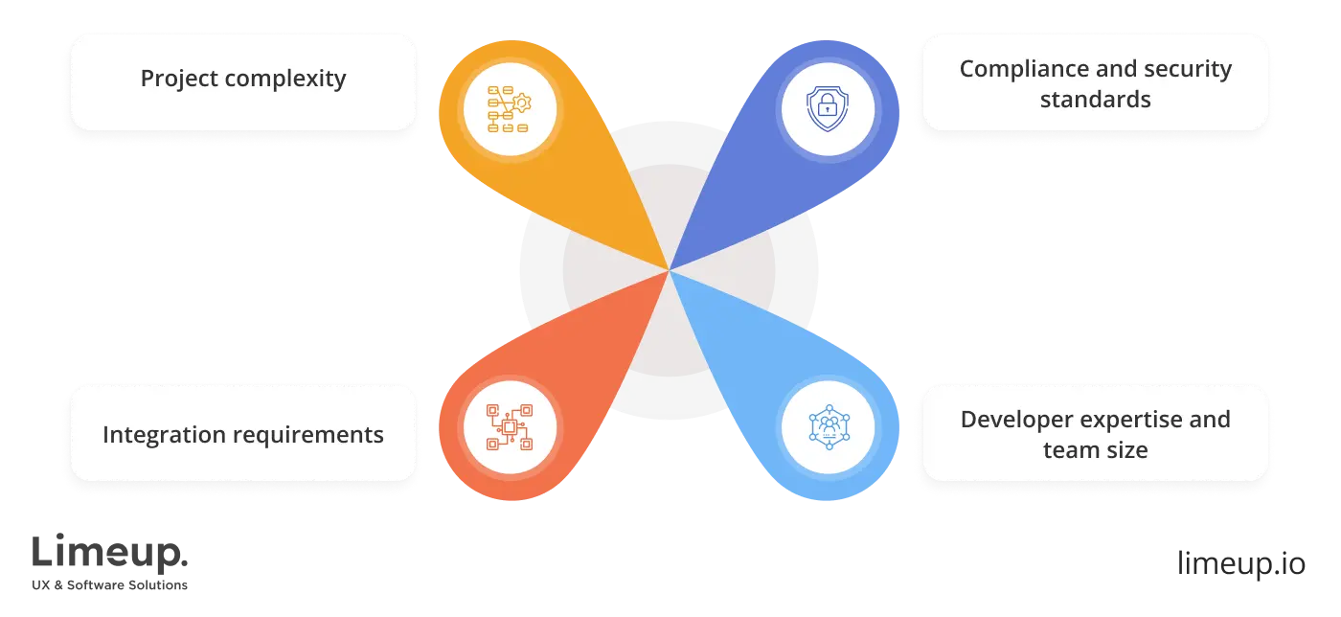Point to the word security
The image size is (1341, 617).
click(x=1190, y=69)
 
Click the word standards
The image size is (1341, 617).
click(x=1095, y=100)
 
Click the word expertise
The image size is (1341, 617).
click(x=1140, y=420)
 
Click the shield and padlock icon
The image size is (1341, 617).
click(x=826, y=108)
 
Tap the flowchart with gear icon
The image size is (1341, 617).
click(x=509, y=108)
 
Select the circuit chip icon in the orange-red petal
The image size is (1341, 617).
click(x=509, y=426)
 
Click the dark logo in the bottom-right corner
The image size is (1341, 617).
click(x=1239, y=560)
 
